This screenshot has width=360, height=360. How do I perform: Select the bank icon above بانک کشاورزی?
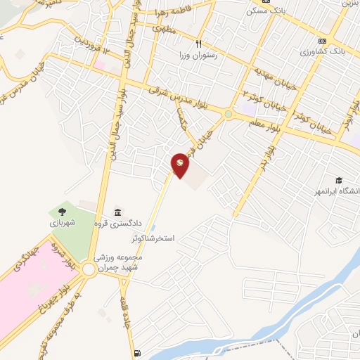pyautogui.click(x=322, y=40)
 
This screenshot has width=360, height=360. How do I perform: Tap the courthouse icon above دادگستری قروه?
pyautogui.click(x=117, y=213)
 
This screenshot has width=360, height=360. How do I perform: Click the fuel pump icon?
pyautogui.click(x=136, y=353)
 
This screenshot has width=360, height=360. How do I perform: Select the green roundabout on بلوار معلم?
pyautogui.click(x=229, y=115)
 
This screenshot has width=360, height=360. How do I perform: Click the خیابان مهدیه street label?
pyautogui.click(x=266, y=90)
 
